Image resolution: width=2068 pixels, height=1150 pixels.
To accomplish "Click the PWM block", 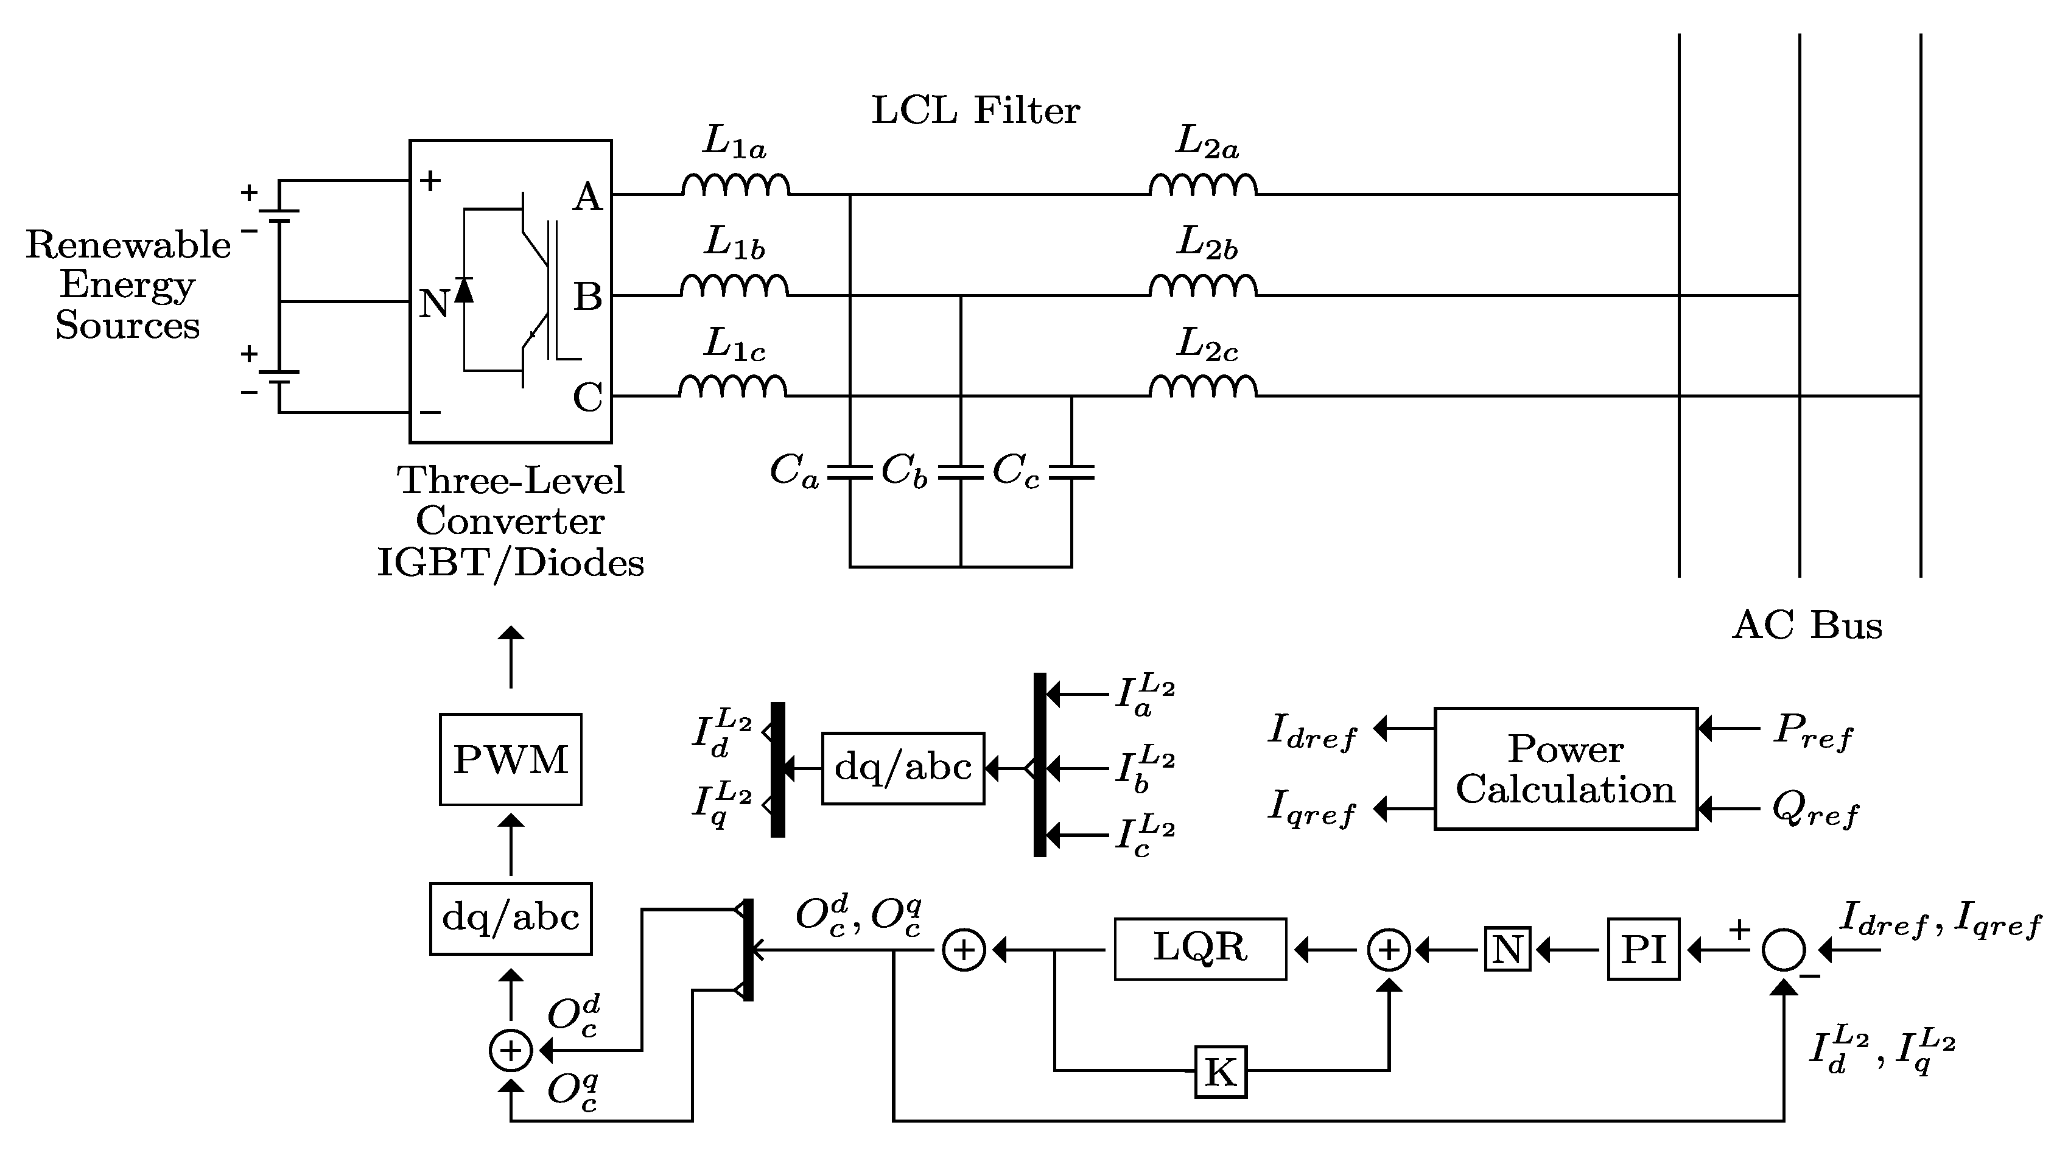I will point(511,759).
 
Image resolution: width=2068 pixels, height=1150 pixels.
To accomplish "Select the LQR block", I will point(1200,948).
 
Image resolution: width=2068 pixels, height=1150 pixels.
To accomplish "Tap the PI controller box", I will point(1642,949).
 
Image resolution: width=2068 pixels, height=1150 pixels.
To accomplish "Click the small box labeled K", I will point(1220,1071).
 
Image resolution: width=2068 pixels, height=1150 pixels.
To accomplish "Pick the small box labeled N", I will point(1507,949).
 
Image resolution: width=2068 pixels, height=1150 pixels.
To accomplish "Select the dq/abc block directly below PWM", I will point(511,918).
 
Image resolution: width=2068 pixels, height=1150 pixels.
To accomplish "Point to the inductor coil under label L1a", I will point(735,186).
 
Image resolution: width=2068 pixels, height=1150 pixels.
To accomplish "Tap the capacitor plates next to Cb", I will point(960,472).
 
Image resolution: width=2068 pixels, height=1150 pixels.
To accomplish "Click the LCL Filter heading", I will point(975,111).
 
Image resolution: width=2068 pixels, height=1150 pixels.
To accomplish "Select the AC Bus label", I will point(1806,625).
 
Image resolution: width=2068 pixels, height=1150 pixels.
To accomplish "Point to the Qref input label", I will point(1814,811).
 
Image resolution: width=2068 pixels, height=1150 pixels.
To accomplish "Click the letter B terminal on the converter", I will point(587,297).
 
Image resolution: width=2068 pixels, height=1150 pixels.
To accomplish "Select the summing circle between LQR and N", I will point(1389,950).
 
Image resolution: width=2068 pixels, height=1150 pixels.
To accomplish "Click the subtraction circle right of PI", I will point(1784,950).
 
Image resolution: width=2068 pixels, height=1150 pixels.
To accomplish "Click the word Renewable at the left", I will point(128,245).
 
